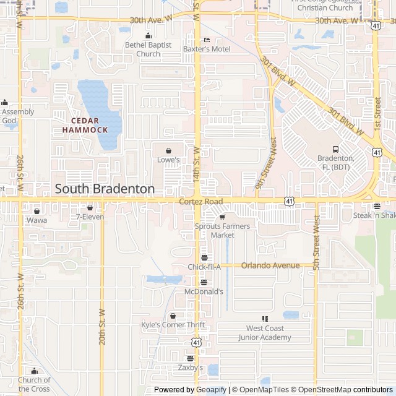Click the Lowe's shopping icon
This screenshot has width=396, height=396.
coord(168,150)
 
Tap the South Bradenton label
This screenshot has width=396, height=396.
coord(105,189)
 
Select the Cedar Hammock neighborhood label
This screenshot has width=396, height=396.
coord(89,125)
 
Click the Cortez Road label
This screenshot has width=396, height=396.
coord(200,202)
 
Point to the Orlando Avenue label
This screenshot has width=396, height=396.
coord(270,265)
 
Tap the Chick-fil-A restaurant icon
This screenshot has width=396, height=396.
coord(204,257)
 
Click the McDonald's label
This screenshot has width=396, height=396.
coord(204,291)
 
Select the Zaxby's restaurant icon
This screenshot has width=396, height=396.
coord(191,358)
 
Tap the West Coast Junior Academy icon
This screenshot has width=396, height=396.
coord(265,319)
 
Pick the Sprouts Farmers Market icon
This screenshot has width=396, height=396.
coord(222,217)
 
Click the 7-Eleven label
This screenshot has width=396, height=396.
coord(90,217)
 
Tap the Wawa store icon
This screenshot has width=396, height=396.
coord(37,211)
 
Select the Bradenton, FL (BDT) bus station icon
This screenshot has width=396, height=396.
coord(336,149)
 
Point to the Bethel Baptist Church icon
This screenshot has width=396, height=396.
coord(148,36)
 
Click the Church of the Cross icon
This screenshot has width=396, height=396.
coord(34,371)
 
